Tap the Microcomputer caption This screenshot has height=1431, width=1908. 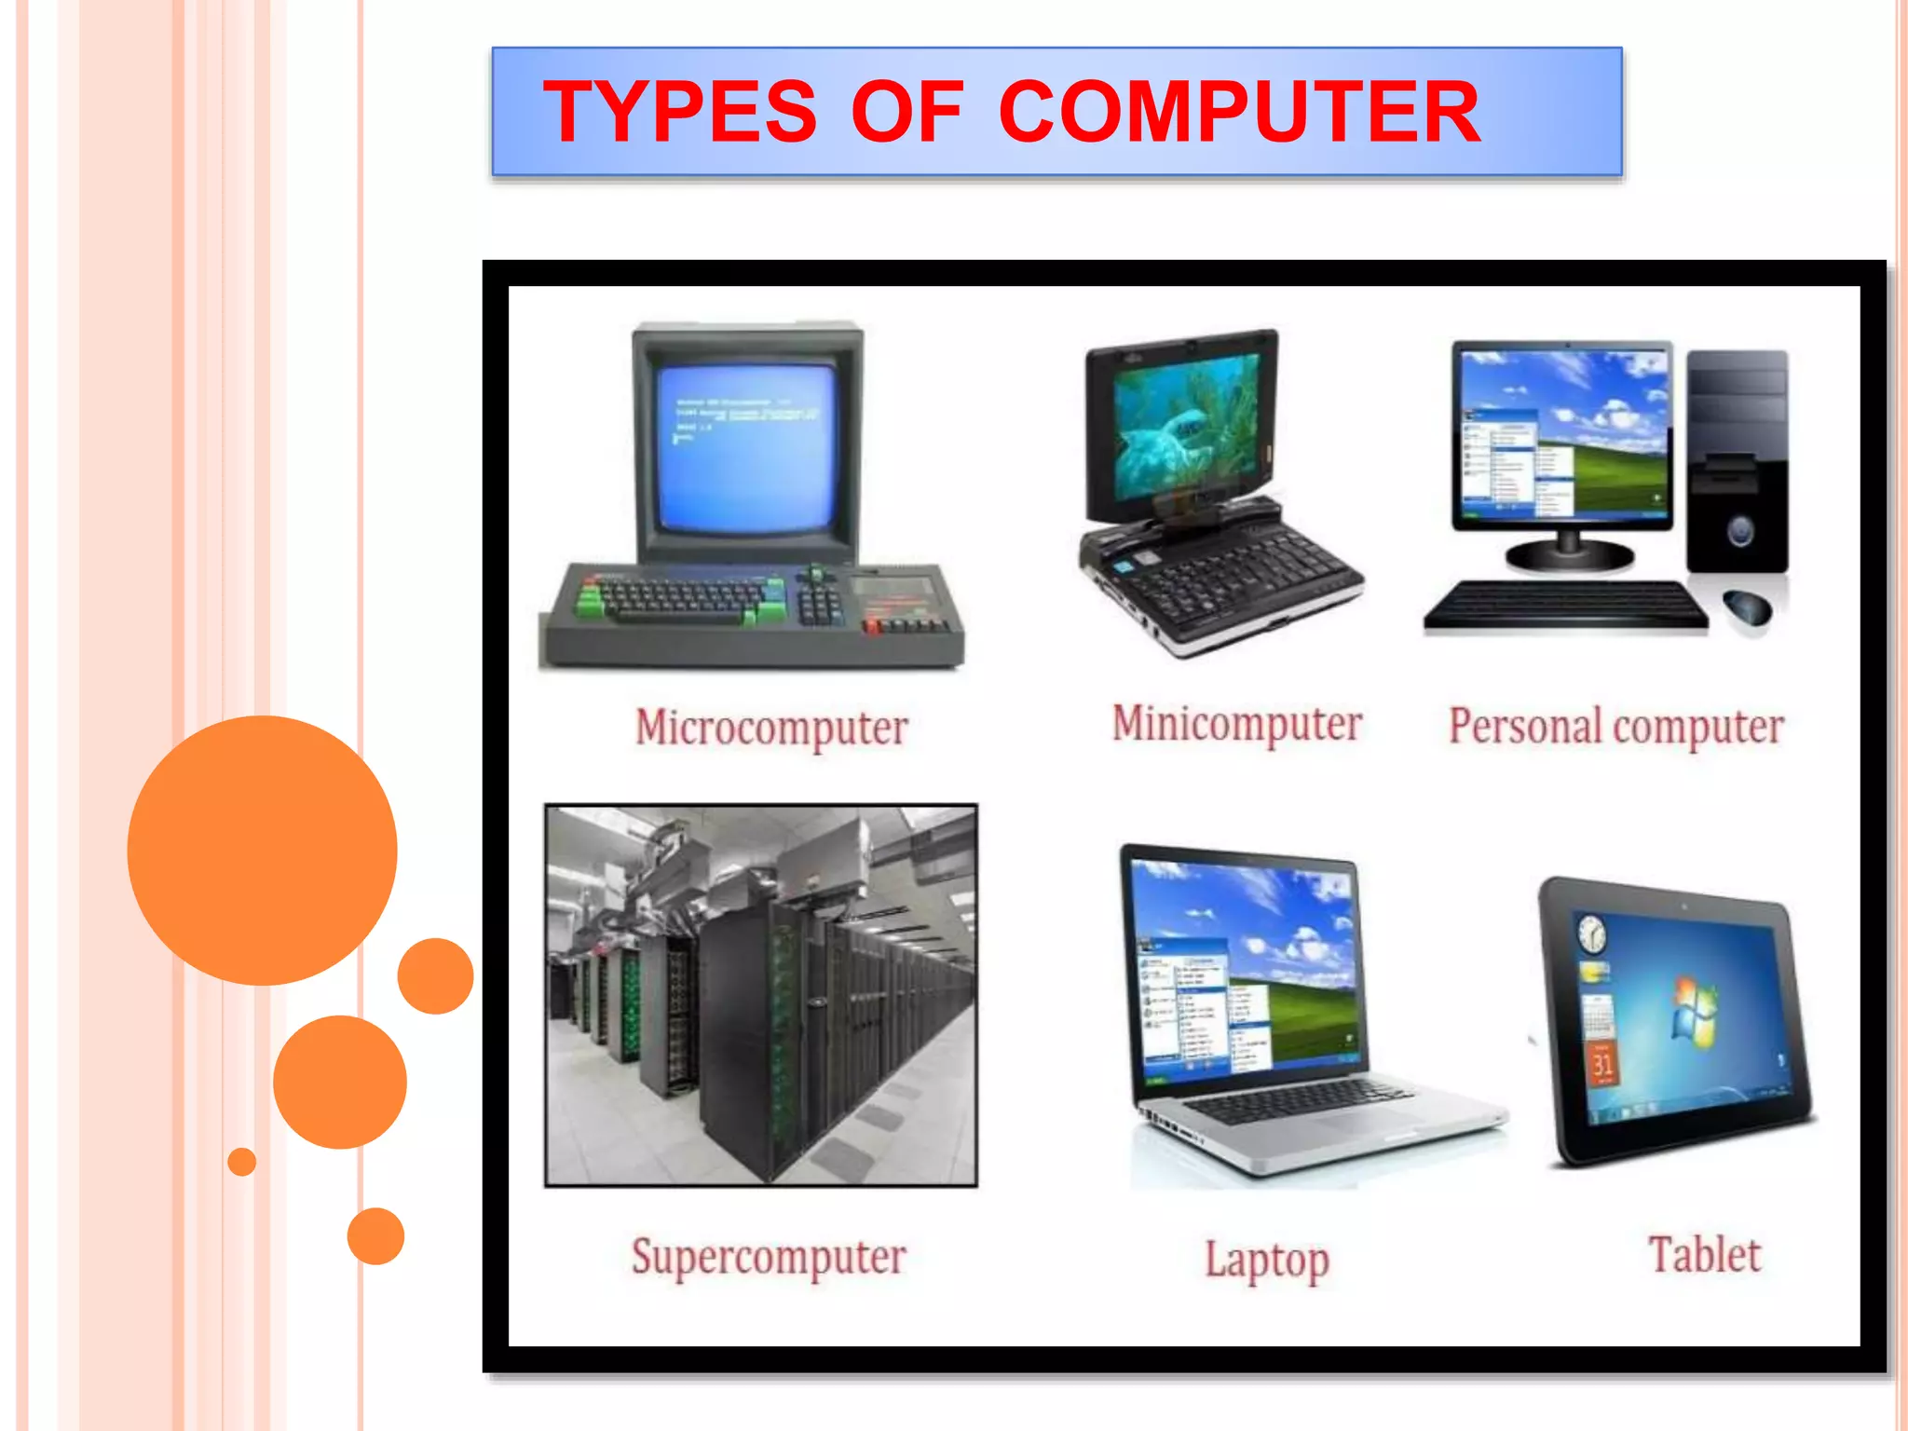click(771, 728)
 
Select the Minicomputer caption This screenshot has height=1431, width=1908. click(1237, 724)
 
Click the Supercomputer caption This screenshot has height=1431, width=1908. click(769, 1257)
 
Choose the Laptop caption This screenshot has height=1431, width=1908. click(1267, 1260)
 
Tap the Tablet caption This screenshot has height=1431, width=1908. click(1705, 1254)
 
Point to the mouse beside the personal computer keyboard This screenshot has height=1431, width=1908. click(1747, 607)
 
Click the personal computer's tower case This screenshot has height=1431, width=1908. click(1737, 461)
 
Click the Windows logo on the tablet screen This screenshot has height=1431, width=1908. click(1695, 1006)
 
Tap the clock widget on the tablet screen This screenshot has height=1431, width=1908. click(1592, 933)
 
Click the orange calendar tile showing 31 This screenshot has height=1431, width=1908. click(1602, 1063)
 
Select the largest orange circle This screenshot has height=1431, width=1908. click(263, 850)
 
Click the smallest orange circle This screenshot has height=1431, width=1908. click(242, 1162)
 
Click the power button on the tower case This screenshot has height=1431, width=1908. click(1739, 532)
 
